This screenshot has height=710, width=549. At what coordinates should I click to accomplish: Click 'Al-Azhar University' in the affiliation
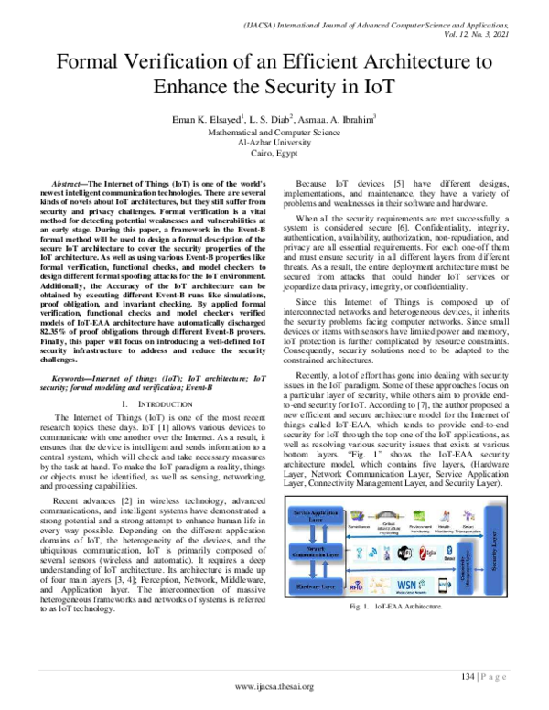pyautogui.click(x=274, y=143)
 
